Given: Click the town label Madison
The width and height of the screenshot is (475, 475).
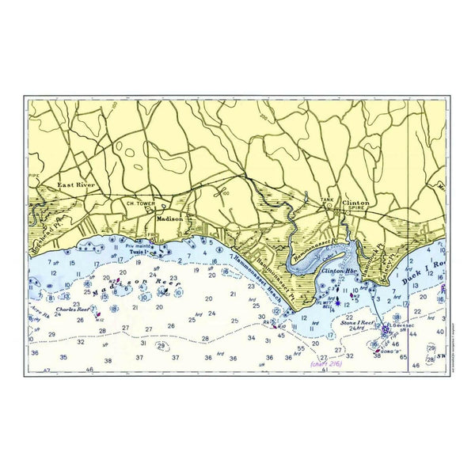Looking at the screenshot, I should click(x=169, y=218).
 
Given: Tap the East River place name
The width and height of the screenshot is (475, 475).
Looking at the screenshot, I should click(x=70, y=186).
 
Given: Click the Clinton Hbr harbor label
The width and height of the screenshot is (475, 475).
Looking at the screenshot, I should click(x=340, y=270).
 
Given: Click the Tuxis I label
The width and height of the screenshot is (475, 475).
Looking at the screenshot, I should click(x=141, y=253).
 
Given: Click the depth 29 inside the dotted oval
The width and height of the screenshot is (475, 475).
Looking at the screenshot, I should click(x=161, y=345).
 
